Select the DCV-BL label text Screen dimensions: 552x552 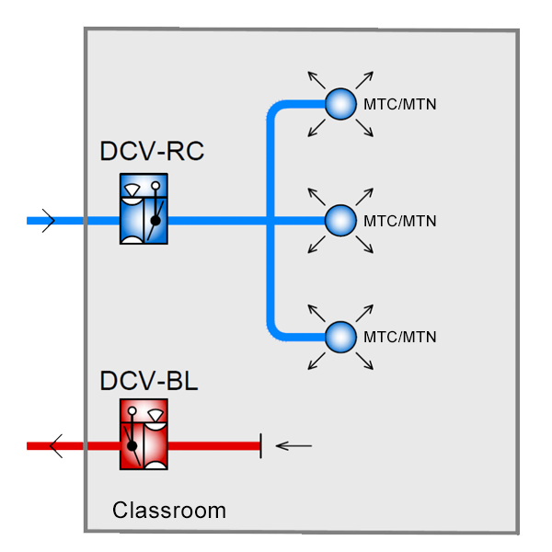(148, 380)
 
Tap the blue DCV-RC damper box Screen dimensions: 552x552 (144, 213)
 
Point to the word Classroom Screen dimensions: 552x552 (169, 510)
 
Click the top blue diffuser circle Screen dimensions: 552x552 (340, 104)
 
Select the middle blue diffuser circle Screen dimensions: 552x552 (340, 221)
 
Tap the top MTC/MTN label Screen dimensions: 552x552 (399, 104)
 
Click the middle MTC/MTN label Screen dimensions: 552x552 (399, 221)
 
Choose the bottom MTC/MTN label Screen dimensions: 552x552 (399, 336)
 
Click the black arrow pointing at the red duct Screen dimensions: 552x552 (294, 446)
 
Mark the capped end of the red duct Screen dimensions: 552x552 (260, 446)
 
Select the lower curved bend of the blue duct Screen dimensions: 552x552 (277, 327)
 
